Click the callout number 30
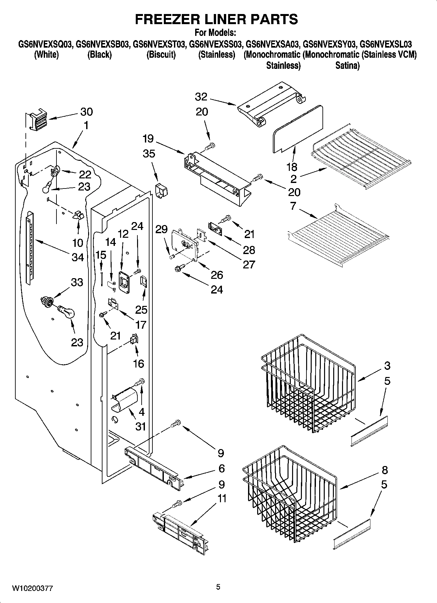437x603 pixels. (x=86, y=112)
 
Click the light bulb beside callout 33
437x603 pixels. (x=67, y=312)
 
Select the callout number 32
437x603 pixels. (x=201, y=97)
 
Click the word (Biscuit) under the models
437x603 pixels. (x=161, y=54)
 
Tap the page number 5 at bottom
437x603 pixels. (x=218, y=587)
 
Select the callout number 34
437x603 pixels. (x=78, y=257)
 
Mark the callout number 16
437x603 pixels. (x=138, y=363)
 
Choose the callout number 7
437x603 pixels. (x=293, y=206)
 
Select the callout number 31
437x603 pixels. (x=141, y=427)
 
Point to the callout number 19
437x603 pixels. (x=148, y=139)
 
